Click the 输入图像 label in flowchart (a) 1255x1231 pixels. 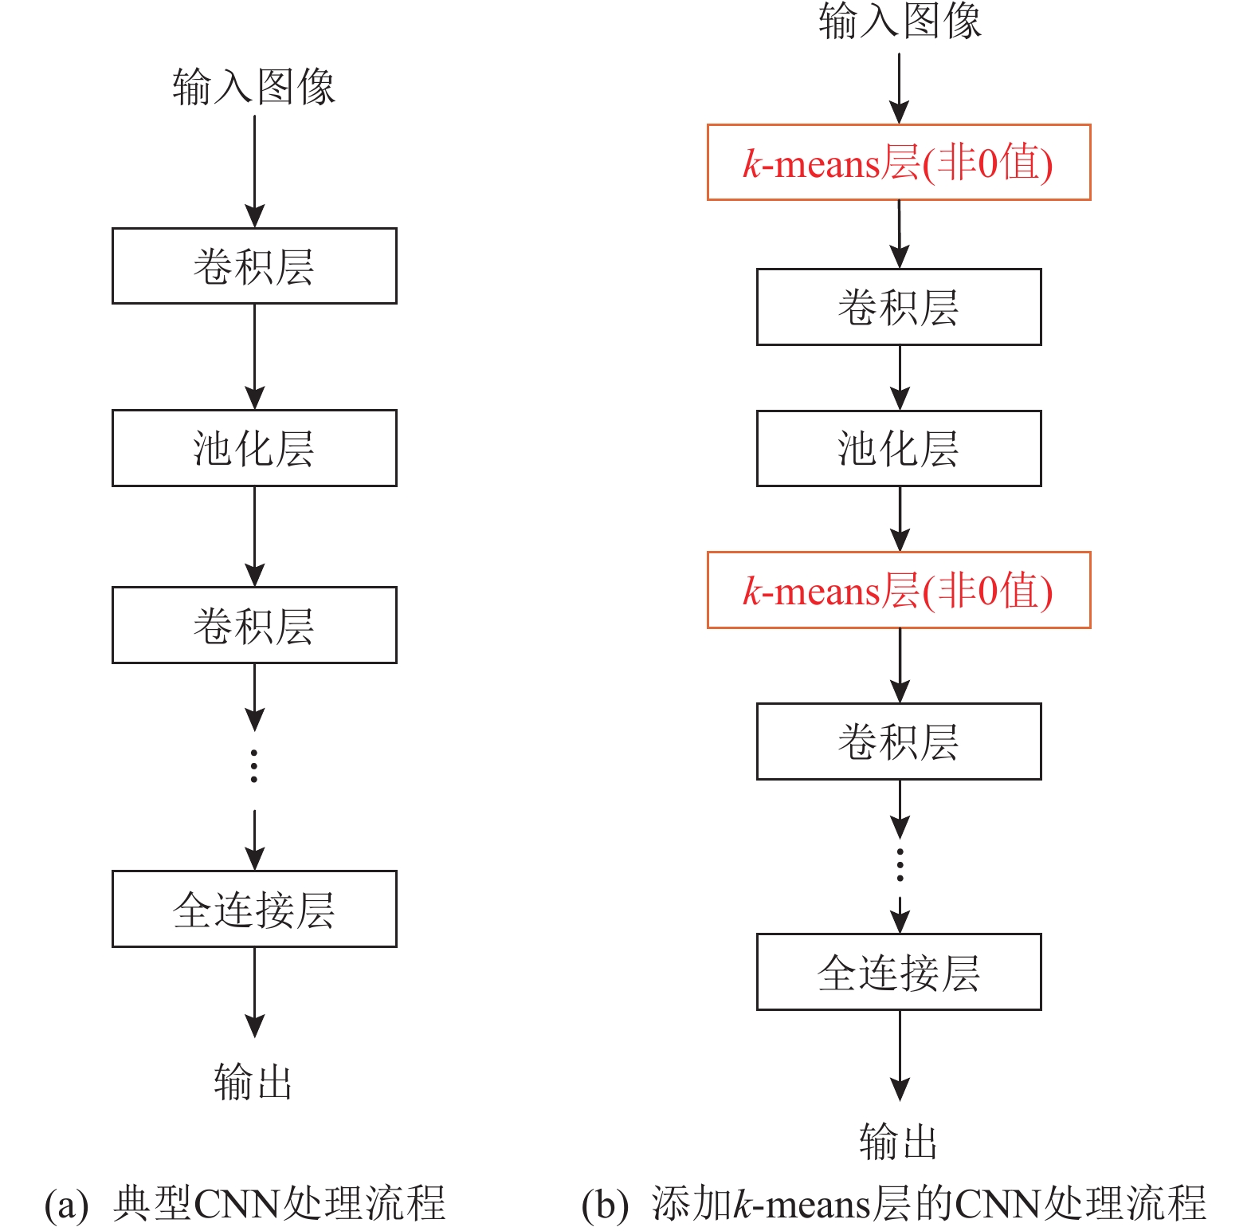point(254,86)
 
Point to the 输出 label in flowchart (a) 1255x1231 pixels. point(253,1082)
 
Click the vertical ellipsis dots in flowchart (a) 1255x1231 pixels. point(254,765)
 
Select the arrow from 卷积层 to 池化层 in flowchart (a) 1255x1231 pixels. point(254,357)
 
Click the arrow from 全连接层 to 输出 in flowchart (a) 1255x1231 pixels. point(254,992)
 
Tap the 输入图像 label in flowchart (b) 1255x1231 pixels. point(900,21)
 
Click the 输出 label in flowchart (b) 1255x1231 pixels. point(899,1141)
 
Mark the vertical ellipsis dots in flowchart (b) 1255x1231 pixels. point(900,865)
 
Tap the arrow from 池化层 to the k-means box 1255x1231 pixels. point(900,519)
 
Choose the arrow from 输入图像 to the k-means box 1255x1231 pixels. point(900,88)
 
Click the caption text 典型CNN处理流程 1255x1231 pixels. point(279,1203)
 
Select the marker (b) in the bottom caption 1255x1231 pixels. point(605,1205)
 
